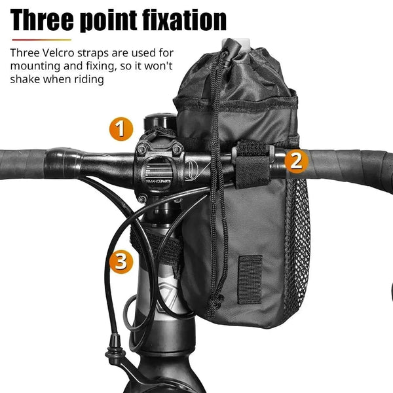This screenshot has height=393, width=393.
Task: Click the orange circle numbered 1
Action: (x=119, y=129)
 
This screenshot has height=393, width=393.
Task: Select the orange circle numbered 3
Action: (x=119, y=261)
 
